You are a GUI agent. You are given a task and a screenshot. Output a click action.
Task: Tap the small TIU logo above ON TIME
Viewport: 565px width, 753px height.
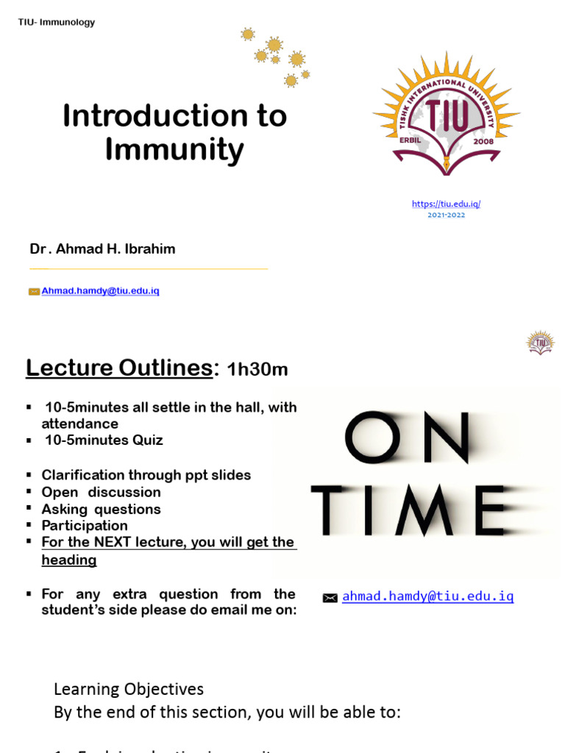[x=541, y=342]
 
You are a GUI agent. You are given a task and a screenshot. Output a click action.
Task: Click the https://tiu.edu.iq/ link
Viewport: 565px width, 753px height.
[x=447, y=204]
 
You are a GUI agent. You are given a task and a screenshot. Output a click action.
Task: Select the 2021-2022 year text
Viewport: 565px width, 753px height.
[x=447, y=215]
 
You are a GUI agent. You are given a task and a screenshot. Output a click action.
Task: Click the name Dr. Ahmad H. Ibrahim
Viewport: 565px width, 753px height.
[x=102, y=249]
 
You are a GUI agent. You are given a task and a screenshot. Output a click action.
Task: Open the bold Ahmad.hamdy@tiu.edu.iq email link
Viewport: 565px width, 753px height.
[x=101, y=291]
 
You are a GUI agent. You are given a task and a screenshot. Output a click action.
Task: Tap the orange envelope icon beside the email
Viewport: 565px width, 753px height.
[x=34, y=291]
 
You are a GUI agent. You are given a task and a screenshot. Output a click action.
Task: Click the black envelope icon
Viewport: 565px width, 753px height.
[x=330, y=599]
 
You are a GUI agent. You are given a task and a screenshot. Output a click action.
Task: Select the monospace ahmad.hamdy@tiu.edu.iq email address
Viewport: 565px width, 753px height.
[x=428, y=596]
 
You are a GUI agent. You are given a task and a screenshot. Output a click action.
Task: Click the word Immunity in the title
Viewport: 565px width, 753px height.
[x=174, y=151]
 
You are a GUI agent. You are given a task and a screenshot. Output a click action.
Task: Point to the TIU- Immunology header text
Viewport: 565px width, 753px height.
[x=57, y=23]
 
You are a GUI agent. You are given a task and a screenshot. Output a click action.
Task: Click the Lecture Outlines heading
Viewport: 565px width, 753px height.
[x=119, y=367]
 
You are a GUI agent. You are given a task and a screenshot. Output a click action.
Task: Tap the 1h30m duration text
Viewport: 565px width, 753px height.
[x=257, y=370]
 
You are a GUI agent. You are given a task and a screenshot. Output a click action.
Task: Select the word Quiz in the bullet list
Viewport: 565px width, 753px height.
[x=146, y=440]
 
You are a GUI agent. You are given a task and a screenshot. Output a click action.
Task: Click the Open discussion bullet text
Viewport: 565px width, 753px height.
[x=101, y=492]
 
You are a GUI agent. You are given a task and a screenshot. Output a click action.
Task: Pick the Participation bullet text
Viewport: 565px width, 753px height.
[x=85, y=526]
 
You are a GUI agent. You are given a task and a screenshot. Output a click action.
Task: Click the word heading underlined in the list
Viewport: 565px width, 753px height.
[x=69, y=560]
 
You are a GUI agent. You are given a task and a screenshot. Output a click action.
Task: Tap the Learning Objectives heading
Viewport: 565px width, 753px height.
[x=129, y=689]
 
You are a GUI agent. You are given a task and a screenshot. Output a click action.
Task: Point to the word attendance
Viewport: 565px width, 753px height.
[x=79, y=424]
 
